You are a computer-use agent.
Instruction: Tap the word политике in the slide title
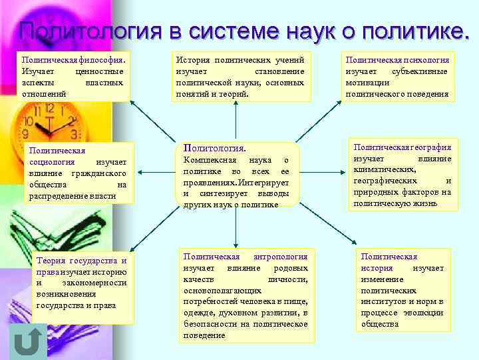click(x=410, y=31)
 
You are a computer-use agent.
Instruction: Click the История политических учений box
click(x=240, y=77)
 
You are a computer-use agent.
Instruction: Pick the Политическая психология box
click(x=397, y=77)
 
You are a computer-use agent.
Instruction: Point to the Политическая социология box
click(x=78, y=172)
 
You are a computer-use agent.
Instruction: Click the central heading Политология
click(x=214, y=148)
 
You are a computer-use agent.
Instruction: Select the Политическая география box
click(x=402, y=175)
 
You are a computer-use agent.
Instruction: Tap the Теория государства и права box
click(x=82, y=283)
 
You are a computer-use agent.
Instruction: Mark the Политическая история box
click(x=402, y=290)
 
